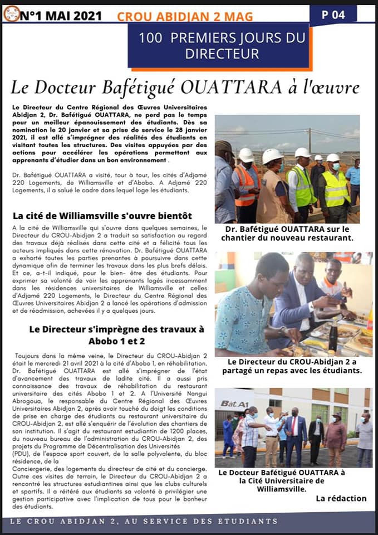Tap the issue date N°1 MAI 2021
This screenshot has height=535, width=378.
pyautogui.click(x=61, y=16)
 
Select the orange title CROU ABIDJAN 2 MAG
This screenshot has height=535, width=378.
pyautogui.click(x=184, y=17)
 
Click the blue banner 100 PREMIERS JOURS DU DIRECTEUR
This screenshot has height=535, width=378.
pyautogui.click(x=222, y=46)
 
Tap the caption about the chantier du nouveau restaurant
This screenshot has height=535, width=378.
pyautogui.click(x=294, y=234)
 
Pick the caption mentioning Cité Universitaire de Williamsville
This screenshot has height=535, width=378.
pyautogui.click(x=282, y=480)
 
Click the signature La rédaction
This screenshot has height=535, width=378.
pyautogui.click(x=341, y=498)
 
